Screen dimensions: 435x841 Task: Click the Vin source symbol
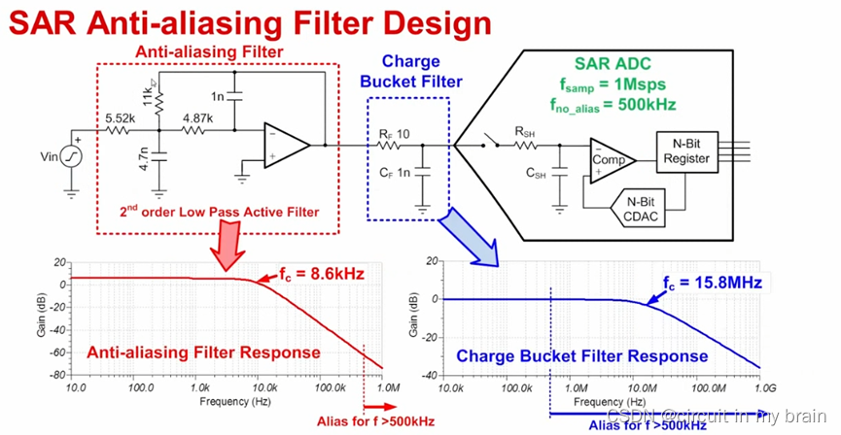(70, 155)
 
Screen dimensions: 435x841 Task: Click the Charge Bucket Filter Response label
(582, 355)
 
